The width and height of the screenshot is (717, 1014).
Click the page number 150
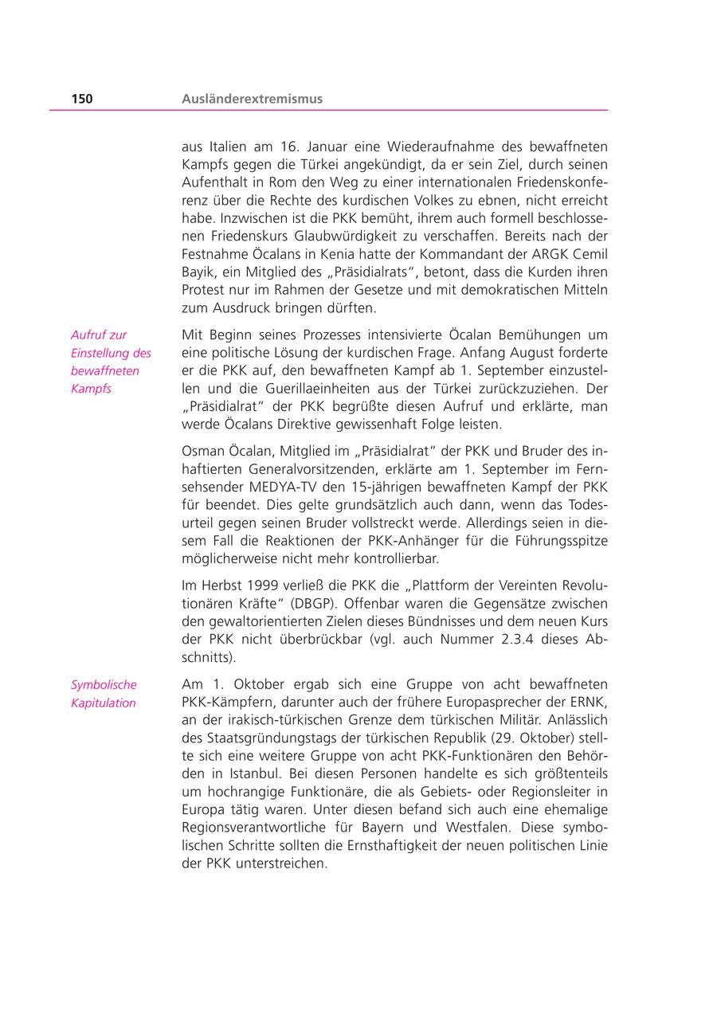(x=82, y=99)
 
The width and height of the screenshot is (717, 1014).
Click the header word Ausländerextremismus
(x=252, y=99)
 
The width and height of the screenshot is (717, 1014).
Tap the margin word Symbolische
(x=104, y=684)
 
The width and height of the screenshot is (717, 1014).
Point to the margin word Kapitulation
(x=104, y=703)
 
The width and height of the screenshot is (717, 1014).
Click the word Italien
(x=232, y=147)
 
